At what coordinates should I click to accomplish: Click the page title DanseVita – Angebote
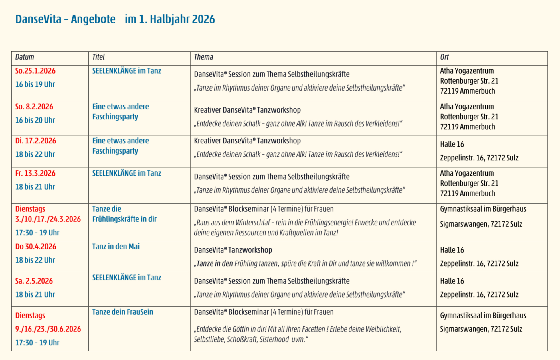[65, 19]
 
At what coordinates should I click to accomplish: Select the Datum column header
[25, 57]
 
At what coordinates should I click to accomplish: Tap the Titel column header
[98, 57]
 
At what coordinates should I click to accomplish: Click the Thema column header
[203, 57]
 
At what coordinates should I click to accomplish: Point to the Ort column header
[444, 57]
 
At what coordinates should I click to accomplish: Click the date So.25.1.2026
[35, 71]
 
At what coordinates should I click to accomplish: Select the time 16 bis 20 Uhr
[35, 120]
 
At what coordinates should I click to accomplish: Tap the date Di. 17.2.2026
[35, 141]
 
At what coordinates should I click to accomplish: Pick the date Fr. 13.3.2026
[35, 173]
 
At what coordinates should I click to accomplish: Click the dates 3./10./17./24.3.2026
[48, 219]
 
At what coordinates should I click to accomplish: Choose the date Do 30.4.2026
[35, 247]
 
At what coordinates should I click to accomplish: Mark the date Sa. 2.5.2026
[34, 281]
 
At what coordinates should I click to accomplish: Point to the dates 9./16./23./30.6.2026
[48, 329]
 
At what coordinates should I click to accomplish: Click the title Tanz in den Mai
[116, 247]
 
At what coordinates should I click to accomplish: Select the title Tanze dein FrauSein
[122, 312]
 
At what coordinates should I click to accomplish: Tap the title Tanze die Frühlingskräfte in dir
[124, 214]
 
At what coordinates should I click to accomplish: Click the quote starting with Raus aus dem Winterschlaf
[305, 227]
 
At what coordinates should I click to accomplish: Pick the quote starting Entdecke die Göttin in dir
[298, 334]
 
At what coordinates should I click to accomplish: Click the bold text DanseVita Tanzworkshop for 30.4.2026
[233, 250]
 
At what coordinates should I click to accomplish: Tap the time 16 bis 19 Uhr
[35, 84]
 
